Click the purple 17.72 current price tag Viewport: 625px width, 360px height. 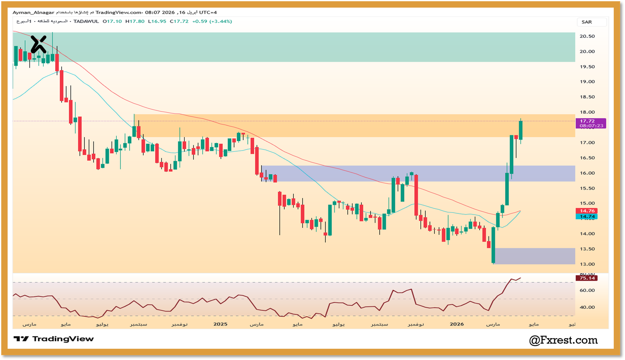coord(591,124)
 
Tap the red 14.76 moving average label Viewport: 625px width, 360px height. coord(587,211)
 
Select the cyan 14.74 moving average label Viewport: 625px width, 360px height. coord(587,217)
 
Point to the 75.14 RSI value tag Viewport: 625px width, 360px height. coord(587,278)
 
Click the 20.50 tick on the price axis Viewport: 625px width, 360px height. coord(587,36)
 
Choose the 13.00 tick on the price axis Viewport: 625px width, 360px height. coord(587,264)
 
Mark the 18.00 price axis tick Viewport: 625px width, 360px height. coord(587,112)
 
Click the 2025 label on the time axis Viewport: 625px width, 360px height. coord(220,324)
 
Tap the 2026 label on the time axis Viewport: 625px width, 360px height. coord(457,324)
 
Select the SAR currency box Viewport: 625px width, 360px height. coord(587,22)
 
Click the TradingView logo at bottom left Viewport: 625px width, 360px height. coord(54,339)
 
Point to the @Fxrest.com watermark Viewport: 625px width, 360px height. coord(563,340)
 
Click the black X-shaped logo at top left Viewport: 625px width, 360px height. coord(38,44)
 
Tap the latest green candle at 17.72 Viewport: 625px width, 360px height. coord(521,130)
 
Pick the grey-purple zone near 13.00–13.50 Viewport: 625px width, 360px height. coord(534,256)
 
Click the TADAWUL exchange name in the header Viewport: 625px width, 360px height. coord(86,21)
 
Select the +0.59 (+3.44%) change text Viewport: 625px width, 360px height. coord(212,21)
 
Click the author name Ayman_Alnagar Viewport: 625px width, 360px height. coord(33,13)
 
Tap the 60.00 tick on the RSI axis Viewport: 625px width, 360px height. coord(587,290)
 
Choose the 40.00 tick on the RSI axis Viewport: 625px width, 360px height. coord(587,307)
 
